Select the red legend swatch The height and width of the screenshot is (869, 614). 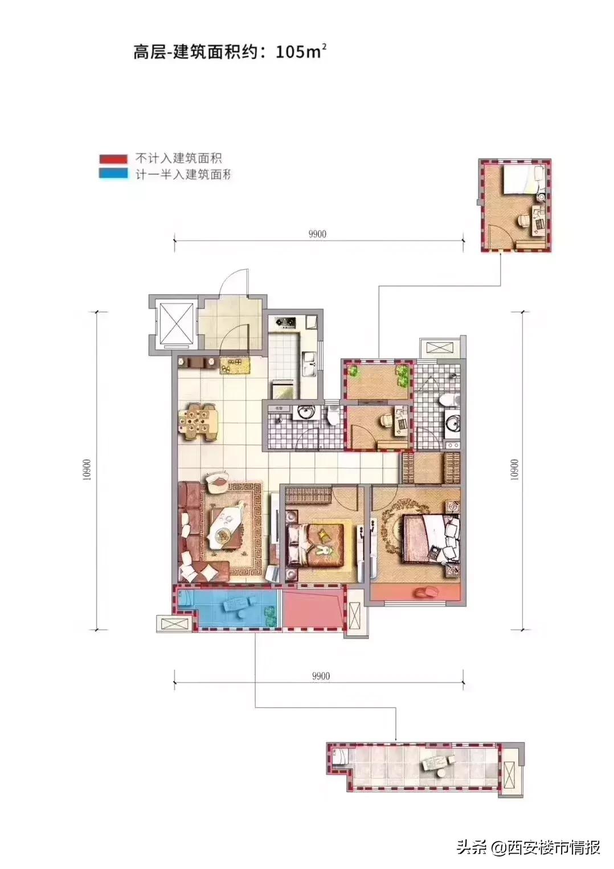coord(113,159)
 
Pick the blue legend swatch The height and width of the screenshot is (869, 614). coord(113,173)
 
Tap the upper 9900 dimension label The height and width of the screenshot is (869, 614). coord(317,235)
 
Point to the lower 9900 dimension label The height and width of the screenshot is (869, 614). coord(321,676)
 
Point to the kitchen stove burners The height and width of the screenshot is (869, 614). coord(285,323)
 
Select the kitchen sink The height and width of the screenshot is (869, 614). coord(310,364)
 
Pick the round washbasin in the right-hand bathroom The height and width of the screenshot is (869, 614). coord(453,423)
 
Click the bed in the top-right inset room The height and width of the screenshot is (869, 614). coord(521,182)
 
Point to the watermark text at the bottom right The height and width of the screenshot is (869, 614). coord(529,847)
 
